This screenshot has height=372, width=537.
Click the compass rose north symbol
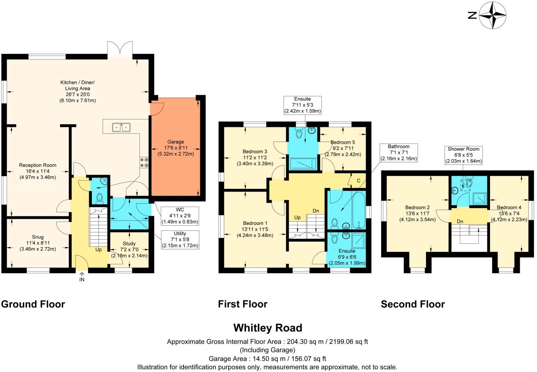coord(492,15)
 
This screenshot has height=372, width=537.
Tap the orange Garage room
coord(175,147)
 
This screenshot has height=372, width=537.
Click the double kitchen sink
coord(121,127)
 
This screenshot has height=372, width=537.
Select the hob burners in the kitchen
coord(144,162)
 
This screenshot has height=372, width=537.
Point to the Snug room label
coord(38,237)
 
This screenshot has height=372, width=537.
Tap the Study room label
coord(129,244)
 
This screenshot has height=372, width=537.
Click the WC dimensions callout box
coord(180,216)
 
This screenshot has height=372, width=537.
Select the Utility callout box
coord(180,240)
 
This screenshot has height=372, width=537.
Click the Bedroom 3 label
coord(255,151)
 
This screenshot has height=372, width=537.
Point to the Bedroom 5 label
coord(343,142)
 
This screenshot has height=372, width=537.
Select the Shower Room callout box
coord(464,155)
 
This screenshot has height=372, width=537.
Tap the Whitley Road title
coord(267,328)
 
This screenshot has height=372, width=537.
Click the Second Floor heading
coord(412,304)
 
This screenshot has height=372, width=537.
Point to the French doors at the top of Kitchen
coord(120,49)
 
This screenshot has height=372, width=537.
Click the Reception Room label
coord(38,165)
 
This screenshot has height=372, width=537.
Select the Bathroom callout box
coord(398,153)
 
